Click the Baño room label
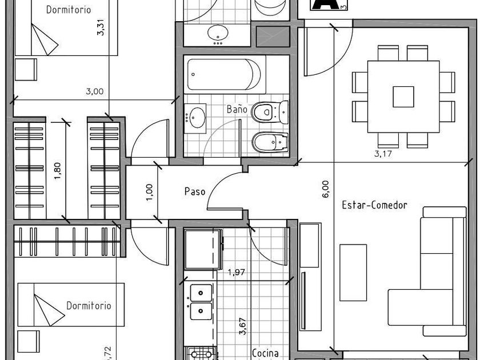(237, 109)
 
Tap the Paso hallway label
(195, 191)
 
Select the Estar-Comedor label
(374, 205)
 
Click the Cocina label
(265, 353)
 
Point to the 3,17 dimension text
(383, 153)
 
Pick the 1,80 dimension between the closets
(57, 171)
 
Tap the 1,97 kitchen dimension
(237, 272)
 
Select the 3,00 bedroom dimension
(95, 91)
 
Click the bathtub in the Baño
(225, 74)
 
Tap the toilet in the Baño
(270, 112)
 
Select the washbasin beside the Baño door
(195, 118)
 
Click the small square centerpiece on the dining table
(403, 97)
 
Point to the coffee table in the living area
(353, 273)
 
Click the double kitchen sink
(201, 302)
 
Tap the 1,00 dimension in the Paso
(149, 192)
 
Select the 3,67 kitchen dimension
(242, 327)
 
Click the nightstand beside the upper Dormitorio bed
(26, 70)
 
